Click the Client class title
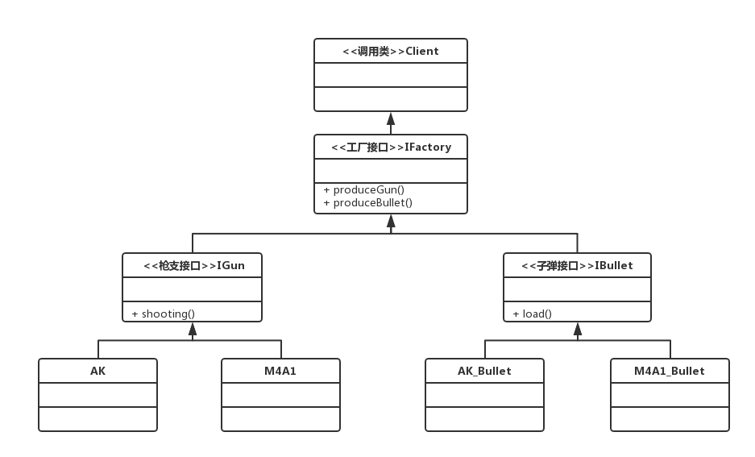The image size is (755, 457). pyautogui.click(x=390, y=51)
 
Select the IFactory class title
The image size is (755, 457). pyautogui.click(x=391, y=147)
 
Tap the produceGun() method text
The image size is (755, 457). pyautogui.click(x=363, y=189)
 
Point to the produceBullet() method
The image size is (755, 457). pyautogui.click(x=367, y=202)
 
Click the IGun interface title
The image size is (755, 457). pyautogui.click(x=193, y=265)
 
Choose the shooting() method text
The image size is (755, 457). pyautogui.click(x=163, y=314)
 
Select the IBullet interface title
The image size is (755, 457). pyautogui.click(x=577, y=265)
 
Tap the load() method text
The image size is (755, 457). pyautogui.click(x=532, y=314)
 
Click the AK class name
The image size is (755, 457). pyautogui.click(x=97, y=371)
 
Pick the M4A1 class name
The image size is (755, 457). pyautogui.click(x=280, y=371)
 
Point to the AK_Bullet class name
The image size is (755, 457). pyautogui.click(x=484, y=371)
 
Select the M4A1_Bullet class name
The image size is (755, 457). pyautogui.click(x=670, y=371)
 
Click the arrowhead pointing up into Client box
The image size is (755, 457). pyautogui.click(x=391, y=116)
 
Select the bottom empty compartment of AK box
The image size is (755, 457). pyautogui.click(x=97, y=419)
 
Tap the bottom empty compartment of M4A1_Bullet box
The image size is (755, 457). pyautogui.click(x=670, y=419)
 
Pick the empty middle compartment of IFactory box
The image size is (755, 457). pyautogui.click(x=391, y=171)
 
